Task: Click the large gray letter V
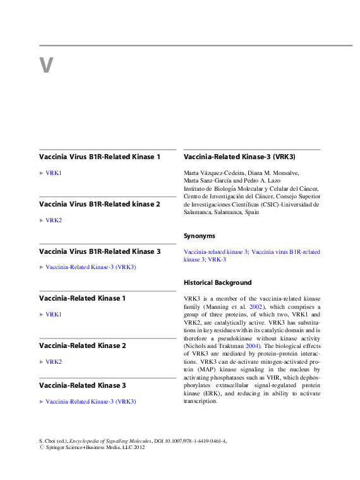pyautogui.click(x=45, y=65)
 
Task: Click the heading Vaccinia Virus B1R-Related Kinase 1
pyautogui.click(x=100, y=157)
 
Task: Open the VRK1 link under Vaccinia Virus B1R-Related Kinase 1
pyautogui.click(x=54, y=172)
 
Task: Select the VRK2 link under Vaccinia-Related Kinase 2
pyautogui.click(x=54, y=362)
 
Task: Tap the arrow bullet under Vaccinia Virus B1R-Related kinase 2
pyautogui.click(x=42, y=220)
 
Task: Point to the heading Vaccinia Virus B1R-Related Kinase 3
pyautogui.click(x=100, y=251)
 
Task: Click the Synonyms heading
pyautogui.click(x=199, y=236)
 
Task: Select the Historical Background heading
pyautogui.click(x=217, y=282)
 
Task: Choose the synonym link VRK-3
pyautogui.click(x=217, y=260)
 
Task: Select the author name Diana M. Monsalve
pyautogui.click(x=268, y=172)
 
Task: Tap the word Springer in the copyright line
pyautogui.click(x=61, y=449)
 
